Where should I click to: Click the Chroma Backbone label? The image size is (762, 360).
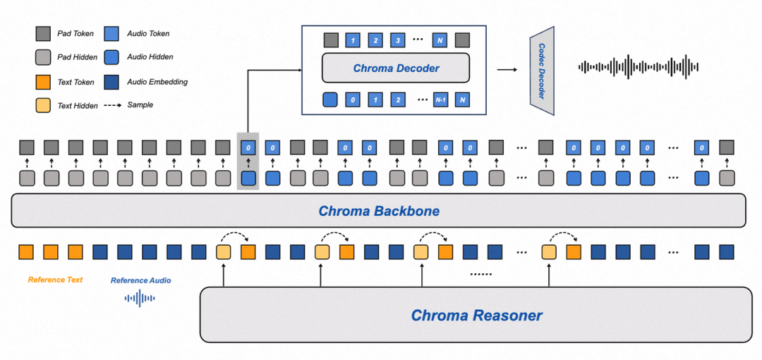pos(379,210)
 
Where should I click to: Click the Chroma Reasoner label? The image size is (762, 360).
pos(476,315)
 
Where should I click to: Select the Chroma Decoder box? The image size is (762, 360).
pos(395,68)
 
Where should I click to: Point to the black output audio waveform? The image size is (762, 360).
pos(638,67)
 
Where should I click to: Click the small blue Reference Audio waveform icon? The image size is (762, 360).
pos(140,299)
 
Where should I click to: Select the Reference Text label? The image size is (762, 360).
pos(55,280)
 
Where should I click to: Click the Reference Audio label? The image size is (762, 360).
pos(140,280)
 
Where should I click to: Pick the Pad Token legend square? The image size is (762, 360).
pos(42,33)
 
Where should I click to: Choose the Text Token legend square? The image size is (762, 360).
pos(42,82)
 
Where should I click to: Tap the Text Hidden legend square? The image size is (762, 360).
pos(42,105)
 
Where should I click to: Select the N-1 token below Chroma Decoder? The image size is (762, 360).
pos(441,100)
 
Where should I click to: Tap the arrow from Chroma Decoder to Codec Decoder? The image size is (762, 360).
pos(506,69)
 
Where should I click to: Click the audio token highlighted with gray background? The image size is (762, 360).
pos(248,148)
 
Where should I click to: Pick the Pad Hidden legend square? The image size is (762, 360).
pos(42,57)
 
